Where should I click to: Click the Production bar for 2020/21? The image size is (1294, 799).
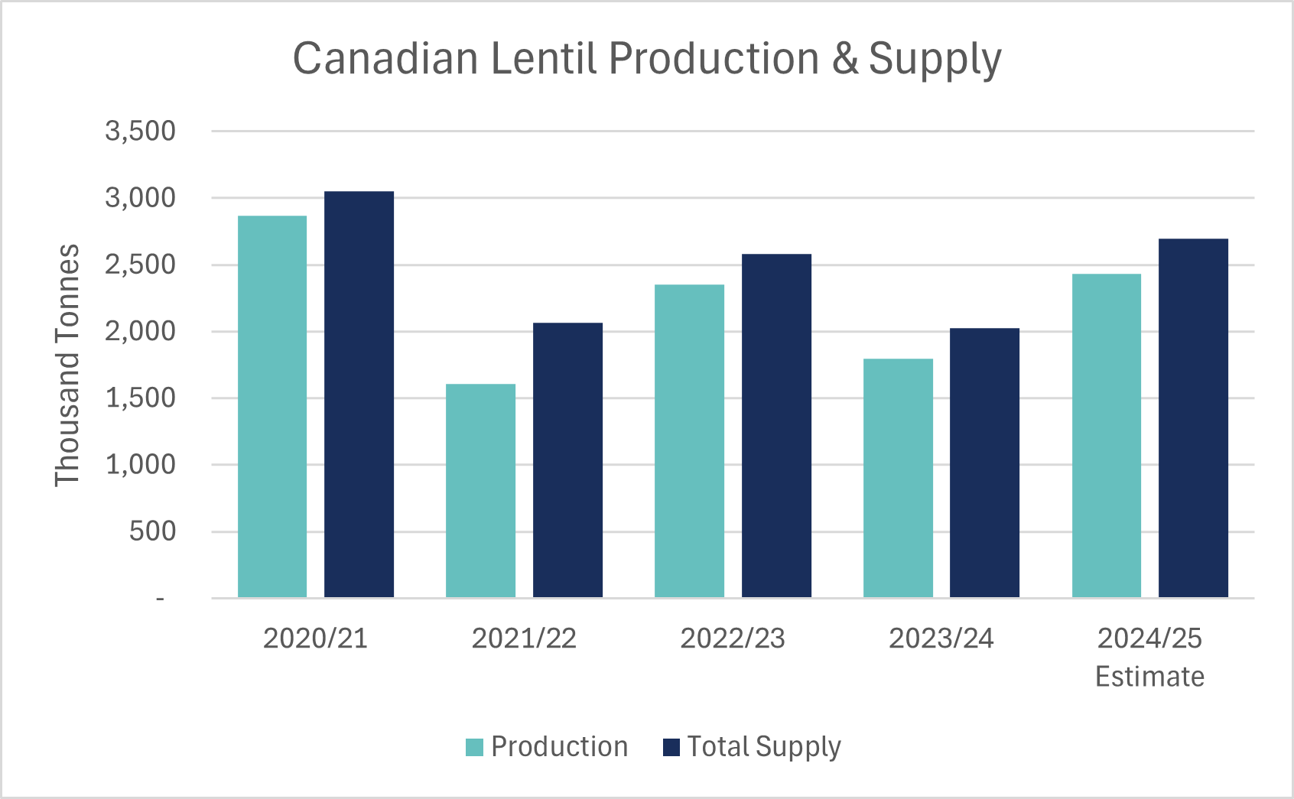click(x=272, y=405)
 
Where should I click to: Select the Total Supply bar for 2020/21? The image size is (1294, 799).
click(x=359, y=394)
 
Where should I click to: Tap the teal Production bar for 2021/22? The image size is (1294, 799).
click(x=480, y=489)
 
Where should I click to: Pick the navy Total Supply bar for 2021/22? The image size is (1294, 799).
click(x=567, y=459)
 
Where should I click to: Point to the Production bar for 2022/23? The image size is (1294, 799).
click(x=689, y=440)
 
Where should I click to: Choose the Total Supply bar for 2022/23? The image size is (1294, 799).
click(x=776, y=424)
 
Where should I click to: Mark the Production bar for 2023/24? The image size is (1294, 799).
click(x=898, y=478)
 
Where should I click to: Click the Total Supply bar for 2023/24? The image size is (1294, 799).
click(x=984, y=463)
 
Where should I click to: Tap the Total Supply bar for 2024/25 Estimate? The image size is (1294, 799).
click(x=1193, y=417)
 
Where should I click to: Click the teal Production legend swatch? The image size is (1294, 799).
click(x=474, y=747)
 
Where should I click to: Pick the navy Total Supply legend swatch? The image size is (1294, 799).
click(x=671, y=747)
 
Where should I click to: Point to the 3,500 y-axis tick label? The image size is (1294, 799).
click(x=140, y=131)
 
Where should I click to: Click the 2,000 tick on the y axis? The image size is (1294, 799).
click(x=140, y=331)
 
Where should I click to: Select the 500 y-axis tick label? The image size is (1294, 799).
click(x=152, y=531)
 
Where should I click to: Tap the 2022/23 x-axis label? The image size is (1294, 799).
click(x=733, y=638)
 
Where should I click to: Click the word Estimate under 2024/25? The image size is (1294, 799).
click(x=1149, y=677)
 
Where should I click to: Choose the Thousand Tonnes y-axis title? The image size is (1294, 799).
click(x=67, y=365)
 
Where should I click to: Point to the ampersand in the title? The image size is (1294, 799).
click(x=845, y=58)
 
